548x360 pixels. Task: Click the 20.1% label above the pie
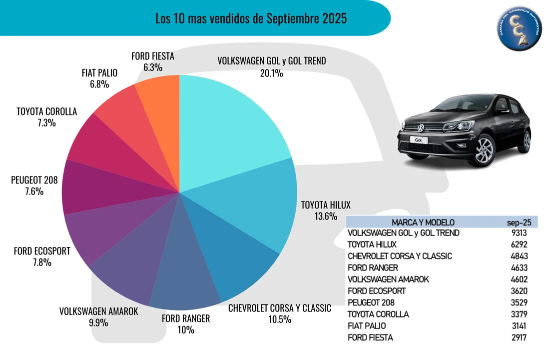pos(271,73)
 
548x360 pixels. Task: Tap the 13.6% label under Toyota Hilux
pos(319,216)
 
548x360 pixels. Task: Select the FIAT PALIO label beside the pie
pos(99,73)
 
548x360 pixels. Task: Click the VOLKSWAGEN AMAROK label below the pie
pos(98,311)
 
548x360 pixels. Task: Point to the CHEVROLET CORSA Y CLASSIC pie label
pos(279,308)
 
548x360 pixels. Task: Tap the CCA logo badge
pos(519,30)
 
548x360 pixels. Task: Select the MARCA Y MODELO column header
pos(423,222)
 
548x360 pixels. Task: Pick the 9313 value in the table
pos(517,233)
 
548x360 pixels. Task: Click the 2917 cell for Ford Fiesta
pos(517,337)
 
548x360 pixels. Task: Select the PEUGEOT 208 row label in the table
pos(371,302)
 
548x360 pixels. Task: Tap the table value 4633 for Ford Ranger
pos(517,267)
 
